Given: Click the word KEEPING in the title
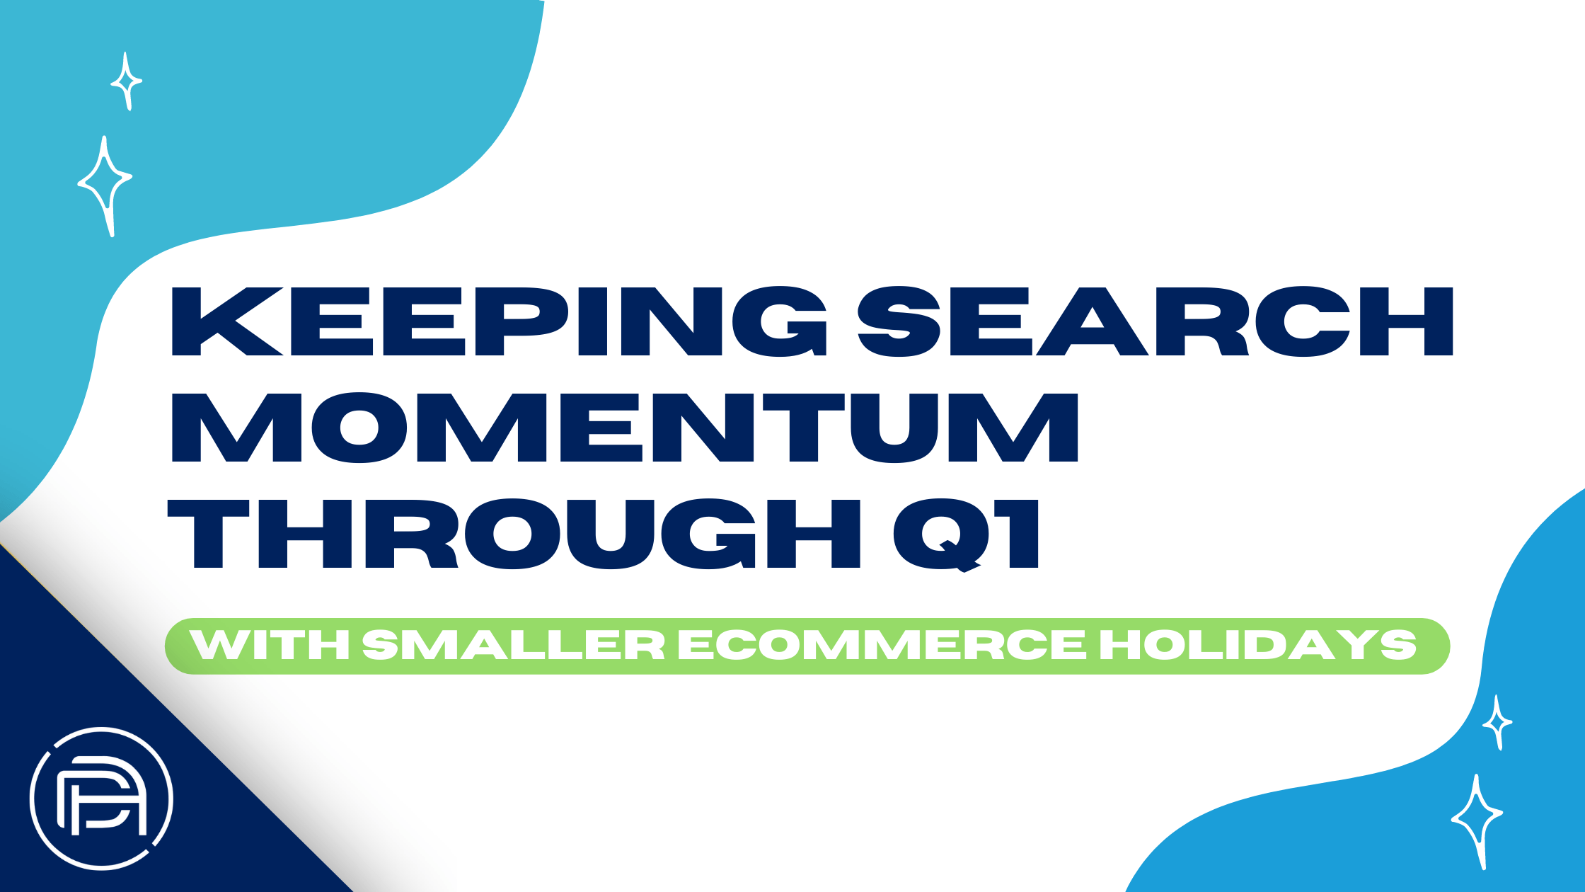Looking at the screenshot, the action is (x=499, y=321).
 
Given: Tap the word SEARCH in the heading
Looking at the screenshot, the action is (x=1155, y=321).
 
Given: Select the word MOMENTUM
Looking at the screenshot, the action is (x=625, y=428).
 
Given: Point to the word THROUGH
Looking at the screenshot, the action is (x=514, y=534).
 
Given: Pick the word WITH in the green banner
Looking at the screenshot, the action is (x=270, y=645).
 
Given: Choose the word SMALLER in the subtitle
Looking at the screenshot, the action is (x=514, y=645).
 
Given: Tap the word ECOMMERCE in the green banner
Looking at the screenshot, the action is (x=882, y=645).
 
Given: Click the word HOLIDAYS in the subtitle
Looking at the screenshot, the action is (x=1258, y=645).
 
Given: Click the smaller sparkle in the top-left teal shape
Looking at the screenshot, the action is (x=126, y=81).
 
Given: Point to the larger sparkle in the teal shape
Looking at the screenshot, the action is (x=105, y=186).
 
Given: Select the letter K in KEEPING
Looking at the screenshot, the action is (x=227, y=321).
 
